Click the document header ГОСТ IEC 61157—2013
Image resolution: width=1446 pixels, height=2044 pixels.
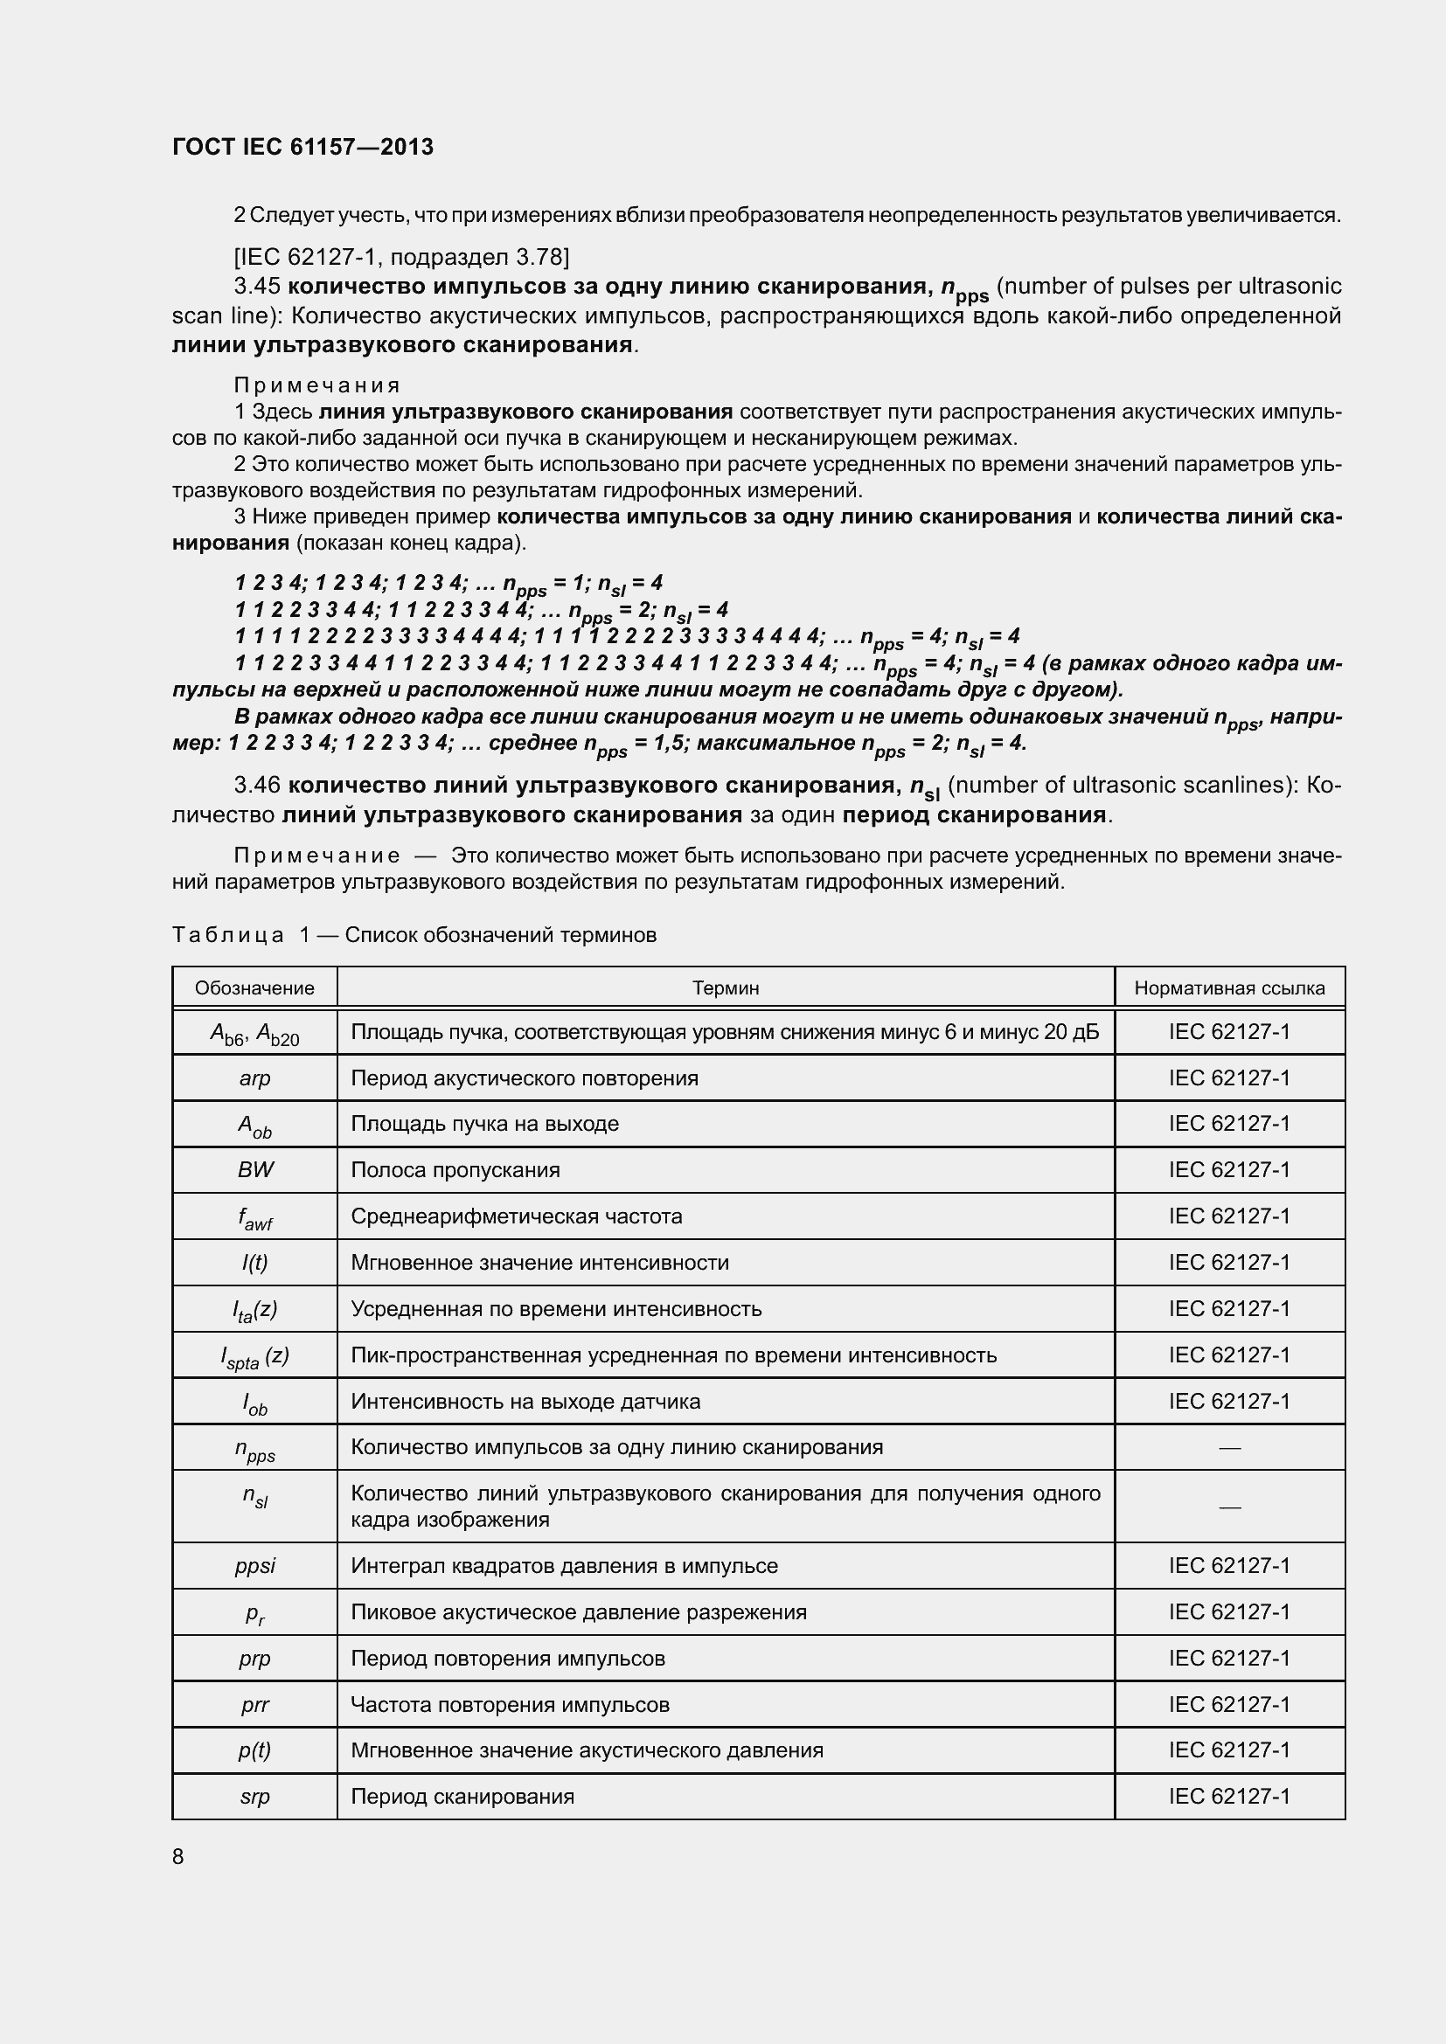click(302, 147)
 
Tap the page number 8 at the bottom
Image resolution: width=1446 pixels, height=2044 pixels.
click(178, 1856)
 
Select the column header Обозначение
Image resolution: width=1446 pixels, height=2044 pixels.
click(254, 988)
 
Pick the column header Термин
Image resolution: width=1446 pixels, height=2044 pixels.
click(726, 988)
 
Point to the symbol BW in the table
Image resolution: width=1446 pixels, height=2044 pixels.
click(254, 1170)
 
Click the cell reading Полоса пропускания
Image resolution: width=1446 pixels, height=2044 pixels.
click(455, 1170)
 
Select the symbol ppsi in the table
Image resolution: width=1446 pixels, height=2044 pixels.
click(254, 1566)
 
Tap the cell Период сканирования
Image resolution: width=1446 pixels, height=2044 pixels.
click(462, 1797)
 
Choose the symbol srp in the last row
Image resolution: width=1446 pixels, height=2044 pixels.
click(254, 1797)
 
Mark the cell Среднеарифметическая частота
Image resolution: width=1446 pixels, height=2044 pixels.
click(517, 1216)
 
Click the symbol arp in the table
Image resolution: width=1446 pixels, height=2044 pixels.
click(254, 1078)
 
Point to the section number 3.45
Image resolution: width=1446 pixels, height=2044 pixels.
click(257, 287)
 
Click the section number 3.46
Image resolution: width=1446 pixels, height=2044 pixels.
click(257, 786)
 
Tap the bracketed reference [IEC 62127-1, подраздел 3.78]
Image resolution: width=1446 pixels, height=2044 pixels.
click(401, 257)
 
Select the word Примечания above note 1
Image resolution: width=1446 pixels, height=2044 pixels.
click(317, 385)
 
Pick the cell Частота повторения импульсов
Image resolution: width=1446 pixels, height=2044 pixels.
click(510, 1705)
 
